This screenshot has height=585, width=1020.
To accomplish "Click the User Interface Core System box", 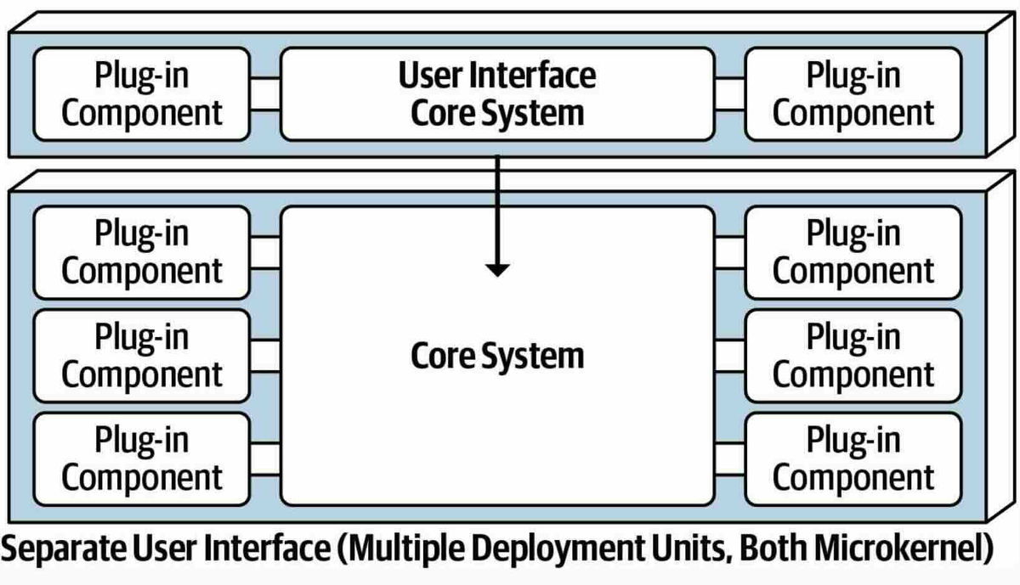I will (x=497, y=93).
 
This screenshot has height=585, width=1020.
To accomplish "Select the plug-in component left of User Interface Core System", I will (x=142, y=93).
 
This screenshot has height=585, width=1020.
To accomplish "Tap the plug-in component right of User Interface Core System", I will (x=853, y=93).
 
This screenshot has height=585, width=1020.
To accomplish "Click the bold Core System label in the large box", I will (x=497, y=356).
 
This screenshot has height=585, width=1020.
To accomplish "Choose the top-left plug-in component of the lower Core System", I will (x=142, y=252).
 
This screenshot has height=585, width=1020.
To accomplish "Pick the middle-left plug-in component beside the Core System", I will (x=142, y=356).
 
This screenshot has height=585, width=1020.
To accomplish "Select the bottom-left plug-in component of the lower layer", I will (x=142, y=458).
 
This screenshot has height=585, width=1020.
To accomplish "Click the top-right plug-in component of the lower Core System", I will (x=853, y=252).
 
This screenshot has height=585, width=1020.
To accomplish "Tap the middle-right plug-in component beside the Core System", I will (x=853, y=356).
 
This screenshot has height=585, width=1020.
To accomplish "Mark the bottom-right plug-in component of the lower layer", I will (x=853, y=458).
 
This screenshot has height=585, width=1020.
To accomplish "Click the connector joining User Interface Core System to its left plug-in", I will (x=266, y=93).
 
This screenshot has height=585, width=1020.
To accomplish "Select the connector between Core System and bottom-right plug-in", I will (x=729, y=458).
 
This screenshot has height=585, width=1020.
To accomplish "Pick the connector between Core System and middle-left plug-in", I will (x=266, y=356).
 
